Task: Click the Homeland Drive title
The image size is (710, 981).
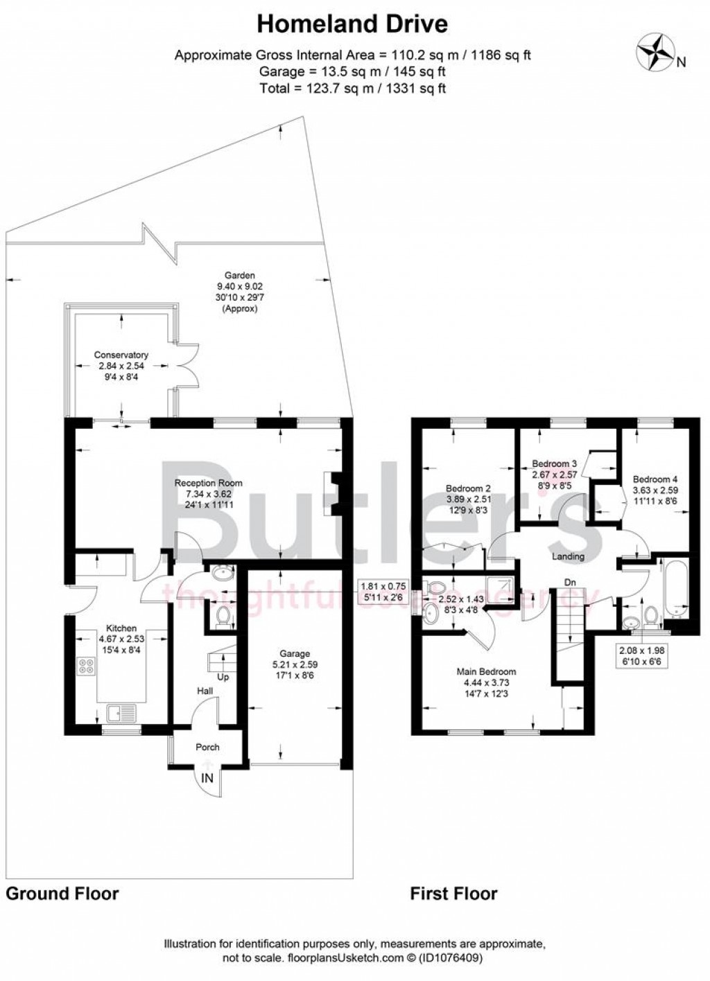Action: pos(352,24)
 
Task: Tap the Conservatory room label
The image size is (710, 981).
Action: pos(121,355)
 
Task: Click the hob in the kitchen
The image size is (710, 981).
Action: pos(87,666)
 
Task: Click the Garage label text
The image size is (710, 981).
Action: pos(294,653)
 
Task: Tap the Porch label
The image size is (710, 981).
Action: pos(207,747)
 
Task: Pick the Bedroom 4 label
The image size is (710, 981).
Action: pos(655,479)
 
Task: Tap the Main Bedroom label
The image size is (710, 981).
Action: pos(485,671)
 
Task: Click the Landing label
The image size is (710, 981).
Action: pos(568,556)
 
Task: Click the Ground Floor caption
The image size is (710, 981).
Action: pos(62,893)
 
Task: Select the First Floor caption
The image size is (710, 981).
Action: pos(453,893)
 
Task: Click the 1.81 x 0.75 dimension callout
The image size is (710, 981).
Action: pos(383,584)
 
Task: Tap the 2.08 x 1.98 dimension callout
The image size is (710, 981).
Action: pos(644,651)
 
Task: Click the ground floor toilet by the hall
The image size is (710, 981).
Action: pos(223,615)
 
